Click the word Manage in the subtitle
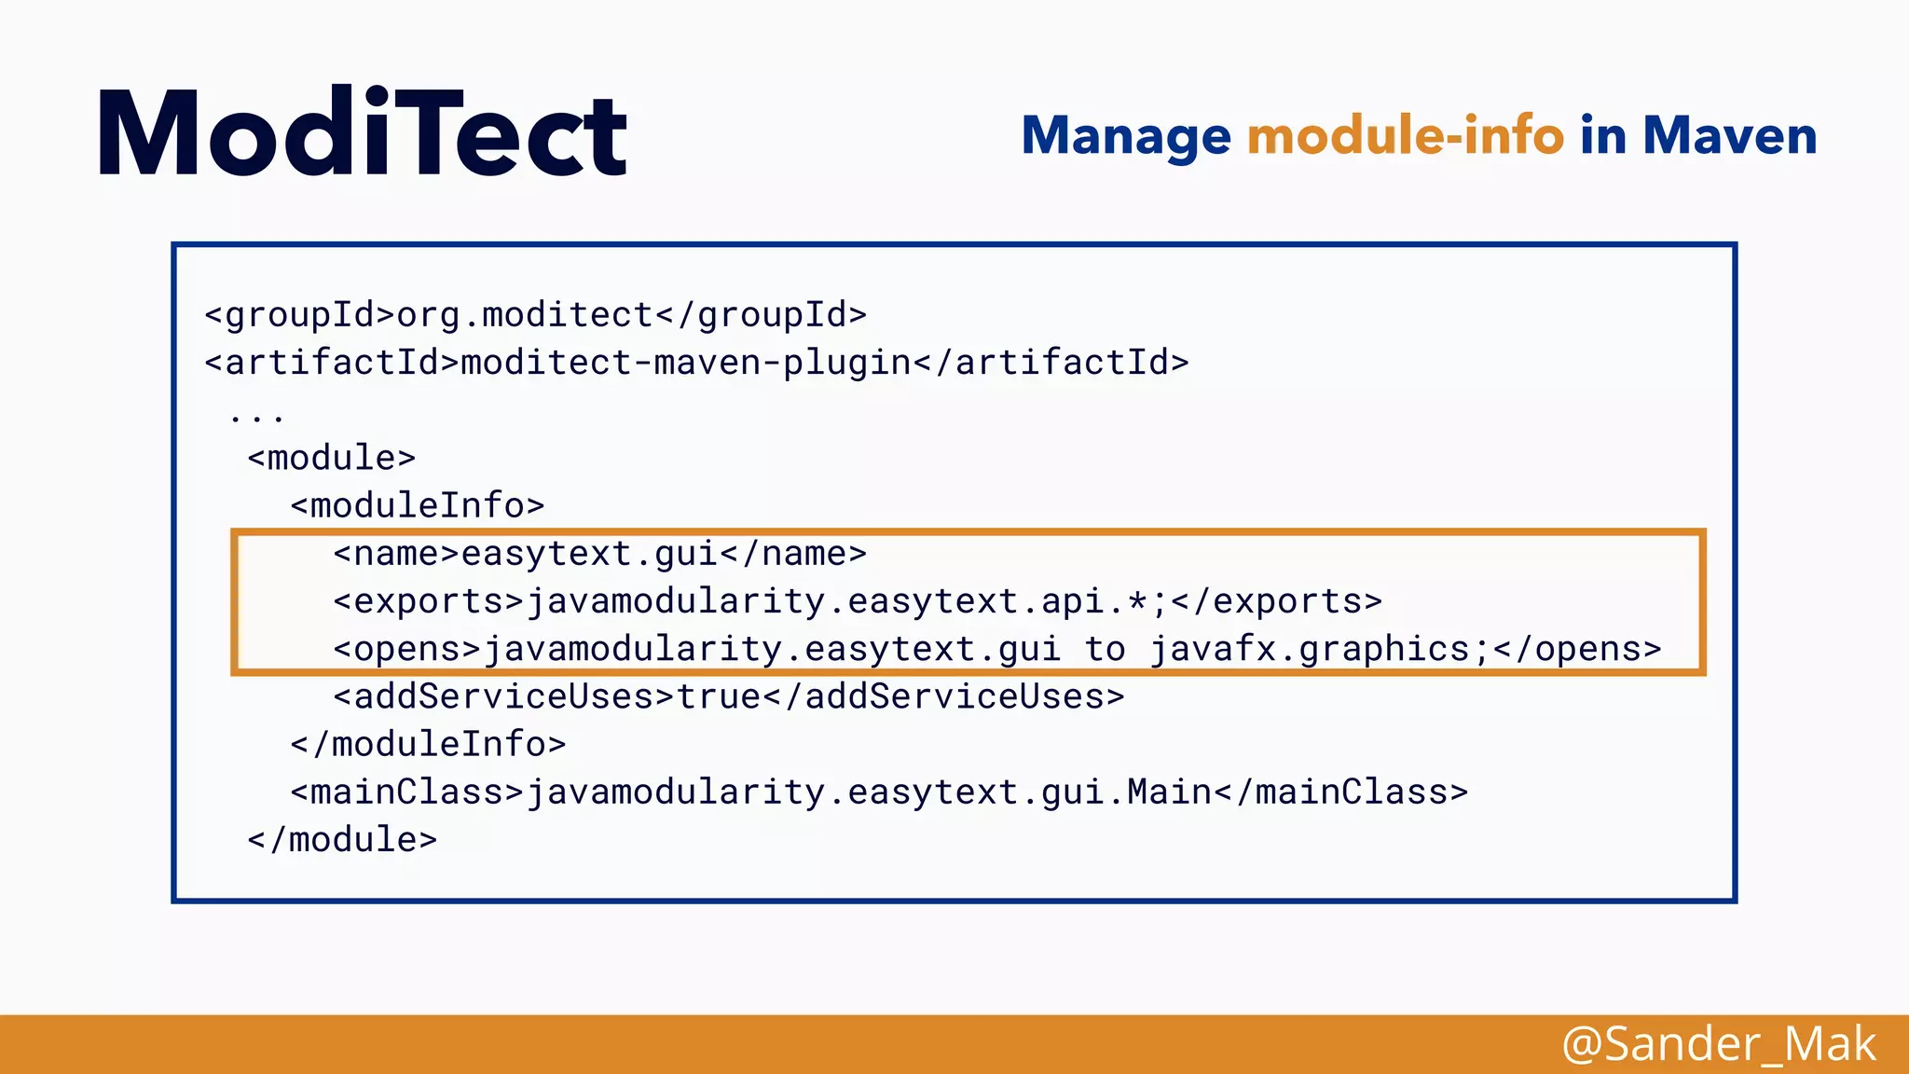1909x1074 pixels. pos(1126,136)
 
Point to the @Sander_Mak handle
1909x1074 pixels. pos(1719,1044)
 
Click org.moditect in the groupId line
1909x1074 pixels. pos(525,315)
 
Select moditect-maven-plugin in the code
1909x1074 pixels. pos(686,363)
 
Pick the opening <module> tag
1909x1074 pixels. pos(331,458)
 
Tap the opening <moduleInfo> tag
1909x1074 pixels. pos(417,505)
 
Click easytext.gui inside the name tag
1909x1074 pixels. pos(589,554)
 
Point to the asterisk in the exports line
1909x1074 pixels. pos(1137,601)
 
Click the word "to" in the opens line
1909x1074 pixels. pos(1105,649)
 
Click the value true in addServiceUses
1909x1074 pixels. pos(719,696)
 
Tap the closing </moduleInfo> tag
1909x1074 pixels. pos(428,744)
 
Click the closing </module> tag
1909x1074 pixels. pos(342,840)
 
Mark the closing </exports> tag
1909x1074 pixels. pos(1276,601)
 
